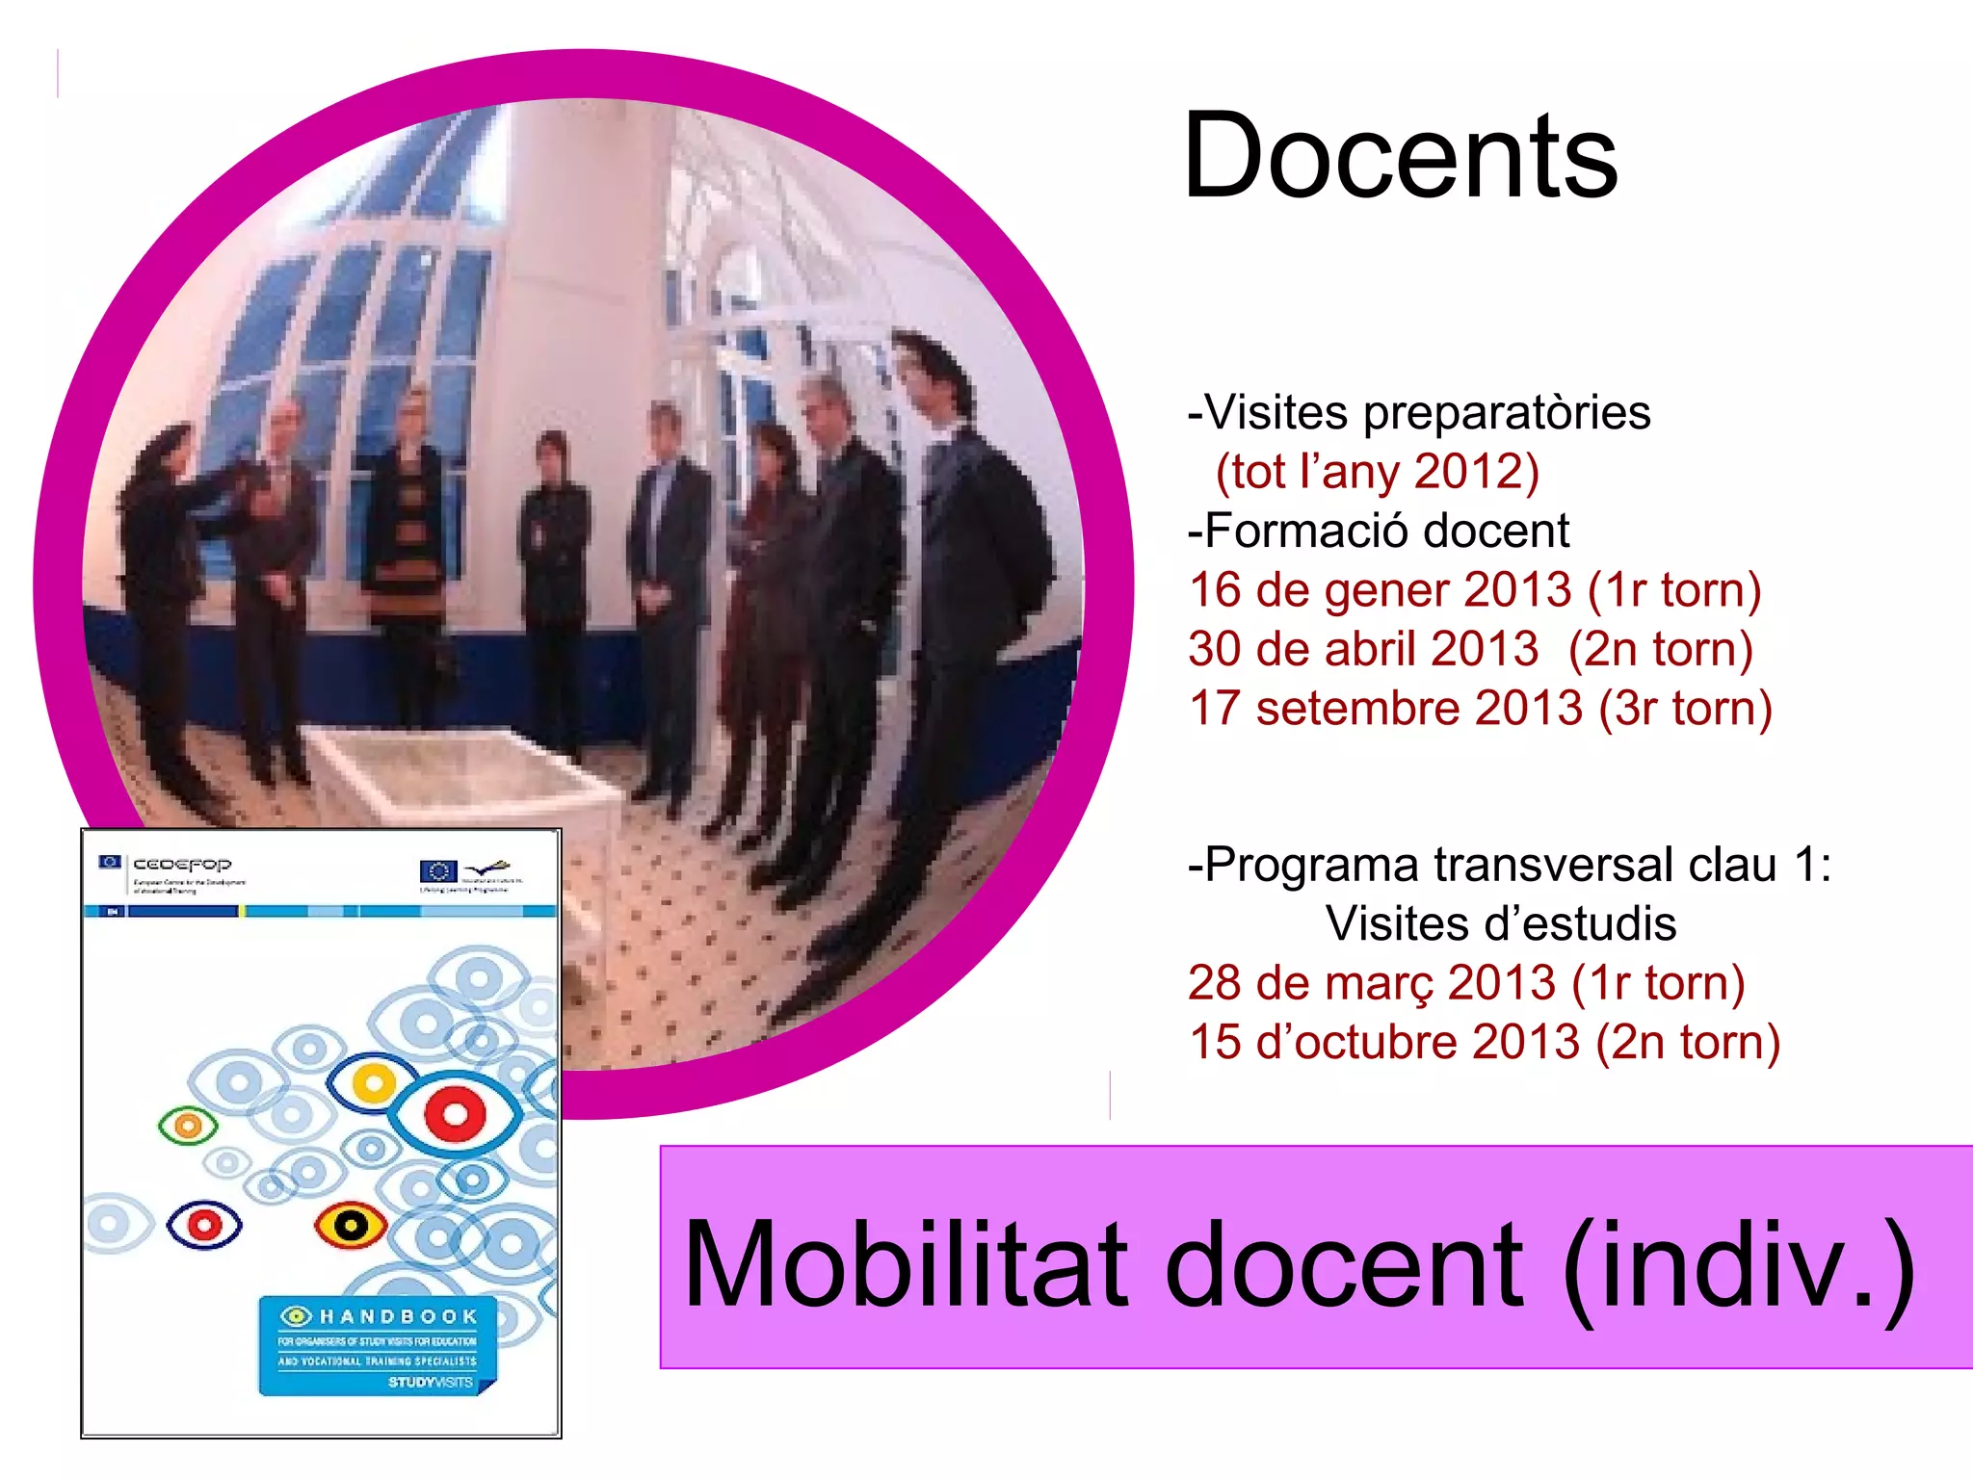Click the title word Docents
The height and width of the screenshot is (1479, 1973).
[x=1400, y=157]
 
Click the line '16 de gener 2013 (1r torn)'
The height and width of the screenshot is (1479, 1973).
[x=1474, y=590]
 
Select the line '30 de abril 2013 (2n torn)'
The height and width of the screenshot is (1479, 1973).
[x=1470, y=649]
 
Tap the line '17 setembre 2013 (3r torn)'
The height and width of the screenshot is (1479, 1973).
[x=1480, y=709]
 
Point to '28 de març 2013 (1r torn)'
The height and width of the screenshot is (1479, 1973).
[x=1465, y=983]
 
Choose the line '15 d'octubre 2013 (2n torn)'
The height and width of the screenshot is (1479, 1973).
[x=1484, y=1042]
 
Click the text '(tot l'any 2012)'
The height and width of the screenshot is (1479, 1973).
[x=1377, y=472]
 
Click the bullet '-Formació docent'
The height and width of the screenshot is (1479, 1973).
[x=1378, y=531]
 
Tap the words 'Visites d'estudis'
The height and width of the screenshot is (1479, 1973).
[x=1500, y=923]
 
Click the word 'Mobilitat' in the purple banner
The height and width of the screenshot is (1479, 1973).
[x=905, y=1263]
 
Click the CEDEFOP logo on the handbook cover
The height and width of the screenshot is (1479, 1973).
[x=181, y=865]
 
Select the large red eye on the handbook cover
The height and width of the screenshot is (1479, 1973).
[x=454, y=1114]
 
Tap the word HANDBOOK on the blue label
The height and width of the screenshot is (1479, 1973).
[x=398, y=1316]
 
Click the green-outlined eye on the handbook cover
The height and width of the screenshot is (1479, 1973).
[x=188, y=1125]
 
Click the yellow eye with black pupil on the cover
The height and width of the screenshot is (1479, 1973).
[x=351, y=1226]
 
